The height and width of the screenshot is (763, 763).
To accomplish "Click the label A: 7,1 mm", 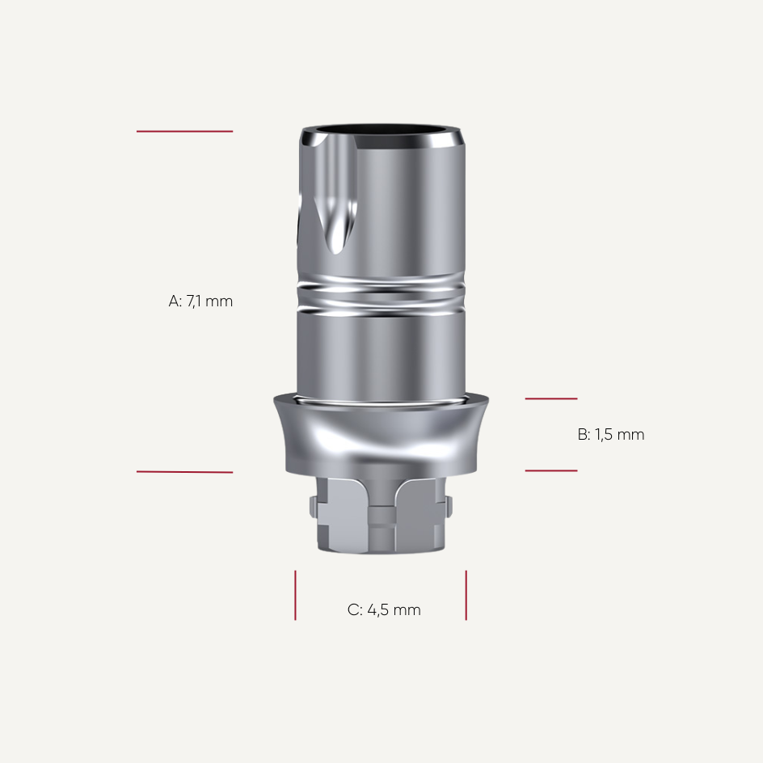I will tap(200, 301).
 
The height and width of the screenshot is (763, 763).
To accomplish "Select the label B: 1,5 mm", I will tap(611, 435).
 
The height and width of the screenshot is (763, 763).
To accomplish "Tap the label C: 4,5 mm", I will tap(384, 610).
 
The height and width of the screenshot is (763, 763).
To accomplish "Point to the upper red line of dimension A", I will tap(184, 131).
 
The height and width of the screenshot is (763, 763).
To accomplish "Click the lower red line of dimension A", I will tap(184, 472).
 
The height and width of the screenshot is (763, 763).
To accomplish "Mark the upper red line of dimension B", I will tap(551, 398).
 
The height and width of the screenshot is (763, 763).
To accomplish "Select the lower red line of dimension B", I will tap(551, 470).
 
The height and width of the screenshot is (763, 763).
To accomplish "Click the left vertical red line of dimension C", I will tap(295, 595).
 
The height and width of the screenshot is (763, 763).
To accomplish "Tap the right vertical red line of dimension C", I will tap(466, 595).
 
